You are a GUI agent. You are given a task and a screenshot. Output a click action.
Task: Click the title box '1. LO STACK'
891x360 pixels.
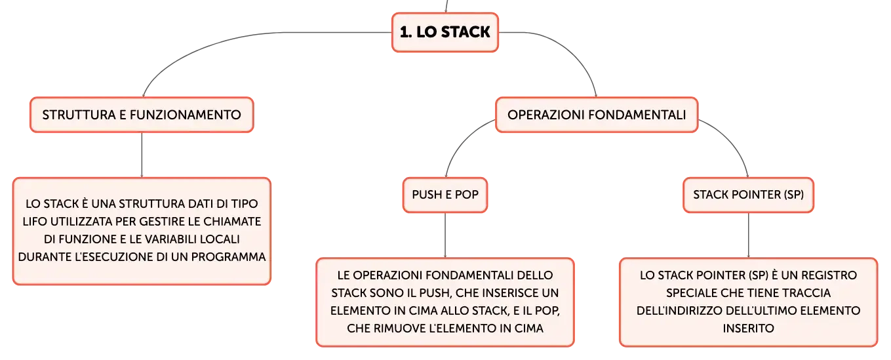tap(445, 32)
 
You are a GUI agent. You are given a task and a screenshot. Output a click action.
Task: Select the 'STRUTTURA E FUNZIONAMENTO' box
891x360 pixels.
tap(142, 115)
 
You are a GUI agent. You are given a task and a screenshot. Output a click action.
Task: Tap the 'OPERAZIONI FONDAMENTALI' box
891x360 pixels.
tap(597, 115)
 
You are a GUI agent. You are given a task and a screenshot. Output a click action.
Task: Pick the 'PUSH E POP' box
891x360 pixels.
tap(445, 195)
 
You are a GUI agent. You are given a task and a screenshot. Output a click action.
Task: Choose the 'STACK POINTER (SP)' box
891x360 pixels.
tap(748, 195)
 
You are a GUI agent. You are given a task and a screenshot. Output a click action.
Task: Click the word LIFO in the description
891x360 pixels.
tap(35, 222)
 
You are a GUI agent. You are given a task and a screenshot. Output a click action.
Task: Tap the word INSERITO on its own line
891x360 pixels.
tap(748, 329)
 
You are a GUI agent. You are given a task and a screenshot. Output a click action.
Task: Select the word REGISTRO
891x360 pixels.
tap(829, 275)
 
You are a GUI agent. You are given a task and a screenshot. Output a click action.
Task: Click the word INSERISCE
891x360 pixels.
tap(503, 293)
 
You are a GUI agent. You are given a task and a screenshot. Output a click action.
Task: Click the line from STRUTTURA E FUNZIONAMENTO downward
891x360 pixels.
tap(142, 155)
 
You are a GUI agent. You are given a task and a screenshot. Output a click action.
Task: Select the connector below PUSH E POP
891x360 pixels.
tap(445, 235)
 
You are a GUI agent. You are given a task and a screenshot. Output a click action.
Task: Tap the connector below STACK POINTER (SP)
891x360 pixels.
tap(748, 235)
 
